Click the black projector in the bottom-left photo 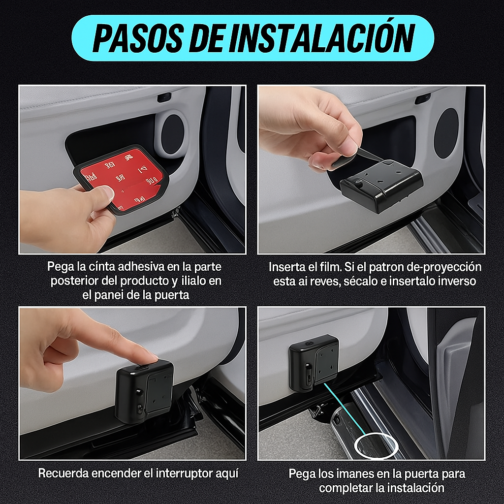point(144,391)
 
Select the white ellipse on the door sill point(378,446)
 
